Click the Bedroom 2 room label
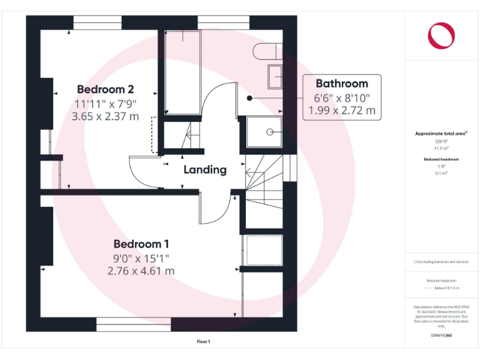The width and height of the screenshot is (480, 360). point(105,89)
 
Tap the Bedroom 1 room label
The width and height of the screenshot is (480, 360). point(141,244)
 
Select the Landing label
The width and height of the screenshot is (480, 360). point(205,169)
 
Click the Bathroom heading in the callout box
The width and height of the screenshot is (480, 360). point(341,84)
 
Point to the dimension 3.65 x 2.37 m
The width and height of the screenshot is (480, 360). point(105,116)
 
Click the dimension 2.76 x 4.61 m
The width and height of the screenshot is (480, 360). point(141,271)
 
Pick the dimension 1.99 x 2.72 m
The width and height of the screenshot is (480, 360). point(342,111)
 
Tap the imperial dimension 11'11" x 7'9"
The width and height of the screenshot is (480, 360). point(105,103)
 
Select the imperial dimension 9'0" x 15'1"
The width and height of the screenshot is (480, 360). point(141,257)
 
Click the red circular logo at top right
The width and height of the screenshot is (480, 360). point(441,35)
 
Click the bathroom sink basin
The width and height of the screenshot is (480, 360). point(275,76)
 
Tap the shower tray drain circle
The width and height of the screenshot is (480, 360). point(271,132)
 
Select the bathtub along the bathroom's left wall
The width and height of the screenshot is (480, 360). point(182,72)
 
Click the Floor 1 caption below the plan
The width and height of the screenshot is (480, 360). point(204,342)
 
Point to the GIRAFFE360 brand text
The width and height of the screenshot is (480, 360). point(441,336)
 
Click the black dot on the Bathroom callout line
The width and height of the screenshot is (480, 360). point(249,98)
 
